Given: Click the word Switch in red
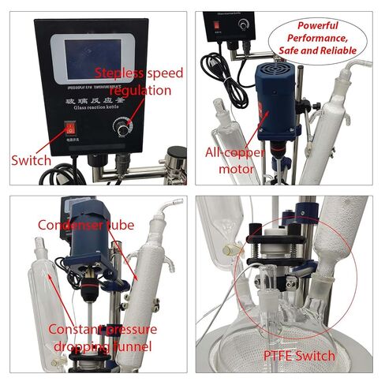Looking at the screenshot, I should point(31,161).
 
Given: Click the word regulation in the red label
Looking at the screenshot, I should point(142,90).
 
